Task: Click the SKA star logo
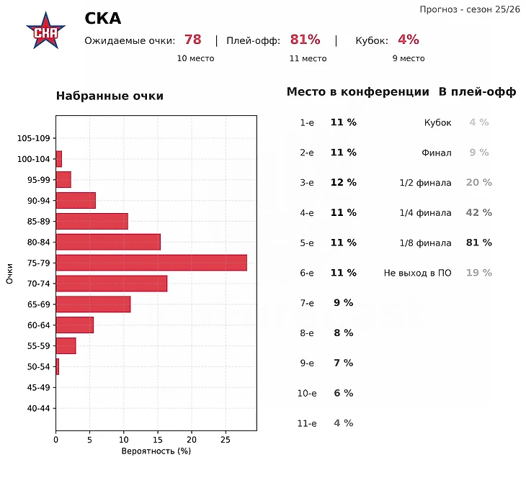(45, 31)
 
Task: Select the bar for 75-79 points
(151, 263)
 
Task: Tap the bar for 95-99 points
(63, 179)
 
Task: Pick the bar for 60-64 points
(75, 325)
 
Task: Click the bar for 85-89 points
(92, 221)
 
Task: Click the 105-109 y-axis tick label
(35, 138)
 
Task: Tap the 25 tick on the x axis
(226, 439)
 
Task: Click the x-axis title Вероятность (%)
(156, 451)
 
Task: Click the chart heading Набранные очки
(110, 96)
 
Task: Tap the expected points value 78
(192, 40)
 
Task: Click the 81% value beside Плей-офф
(305, 40)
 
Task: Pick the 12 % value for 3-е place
(343, 183)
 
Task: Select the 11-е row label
(307, 423)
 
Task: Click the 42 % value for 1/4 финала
(478, 213)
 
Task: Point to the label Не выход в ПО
(418, 274)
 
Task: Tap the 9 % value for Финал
(478, 153)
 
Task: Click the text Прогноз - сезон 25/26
(469, 9)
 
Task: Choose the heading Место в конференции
(358, 92)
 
